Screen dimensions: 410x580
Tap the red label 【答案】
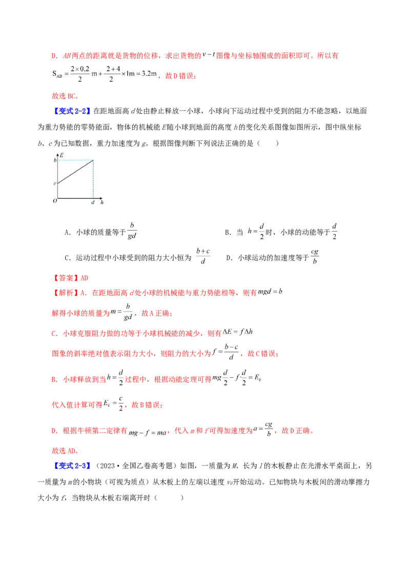tap(65, 278)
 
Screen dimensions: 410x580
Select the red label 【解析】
tap(65, 293)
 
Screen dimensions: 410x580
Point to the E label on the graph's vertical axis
tap(61, 155)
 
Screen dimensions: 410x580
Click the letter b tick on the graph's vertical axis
tap(55, 160)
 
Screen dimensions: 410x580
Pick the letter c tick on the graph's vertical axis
tap(55, 183)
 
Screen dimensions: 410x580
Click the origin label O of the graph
tap(55, 201)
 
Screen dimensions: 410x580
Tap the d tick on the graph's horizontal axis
tap(93, 202)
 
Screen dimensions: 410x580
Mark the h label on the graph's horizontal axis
tap(102, 202)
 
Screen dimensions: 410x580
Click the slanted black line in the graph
tap(75, 172)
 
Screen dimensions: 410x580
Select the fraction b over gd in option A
tap(132, 231)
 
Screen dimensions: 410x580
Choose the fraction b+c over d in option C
tap(203, 256)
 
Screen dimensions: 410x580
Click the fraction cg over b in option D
tap(315, 256)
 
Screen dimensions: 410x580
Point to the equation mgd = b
tap(270, 292)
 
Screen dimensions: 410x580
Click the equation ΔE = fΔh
tap(238, 332)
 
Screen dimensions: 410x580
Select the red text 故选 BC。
tap(65, 96)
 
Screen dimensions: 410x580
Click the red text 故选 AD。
tap(65, 451)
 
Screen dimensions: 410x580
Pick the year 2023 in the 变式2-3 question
tap(107, 466)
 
